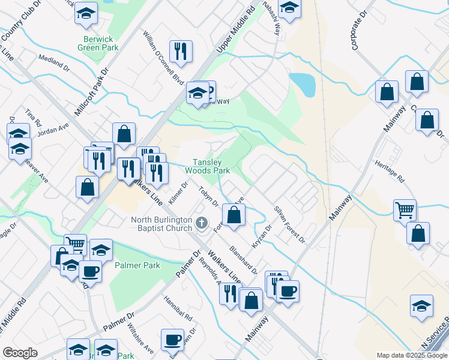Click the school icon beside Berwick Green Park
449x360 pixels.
tap(86, 14)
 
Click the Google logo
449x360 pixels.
tap(20, 353)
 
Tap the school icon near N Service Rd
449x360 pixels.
tap(421, 307)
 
